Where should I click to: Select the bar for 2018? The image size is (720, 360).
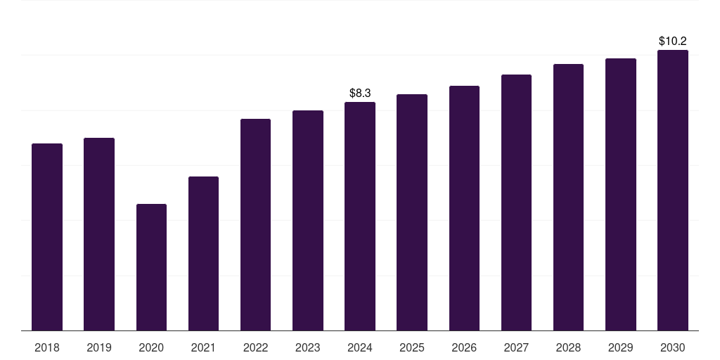47,237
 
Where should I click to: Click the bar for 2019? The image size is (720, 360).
99,234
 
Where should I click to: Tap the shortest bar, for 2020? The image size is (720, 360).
151,267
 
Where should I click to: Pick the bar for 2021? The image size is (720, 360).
203,253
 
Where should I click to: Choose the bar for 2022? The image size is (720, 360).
255,224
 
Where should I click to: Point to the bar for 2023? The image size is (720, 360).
308,220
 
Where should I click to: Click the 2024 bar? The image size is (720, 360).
360,216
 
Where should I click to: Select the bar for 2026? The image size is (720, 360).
464,208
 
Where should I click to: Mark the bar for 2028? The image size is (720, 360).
568,197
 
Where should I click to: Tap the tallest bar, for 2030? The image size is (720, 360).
673,190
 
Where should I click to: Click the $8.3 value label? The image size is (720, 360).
360,93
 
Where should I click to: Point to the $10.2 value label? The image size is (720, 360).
673,41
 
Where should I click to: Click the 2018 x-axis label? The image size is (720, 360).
47,347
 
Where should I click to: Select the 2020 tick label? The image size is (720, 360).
151,347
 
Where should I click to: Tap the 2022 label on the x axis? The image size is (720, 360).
255,347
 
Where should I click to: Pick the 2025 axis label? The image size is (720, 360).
412,347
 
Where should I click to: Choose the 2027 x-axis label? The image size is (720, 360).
516,347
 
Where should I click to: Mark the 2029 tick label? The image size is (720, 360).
621,347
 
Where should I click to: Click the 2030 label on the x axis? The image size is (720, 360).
673,347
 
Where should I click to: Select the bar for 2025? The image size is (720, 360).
412,212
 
